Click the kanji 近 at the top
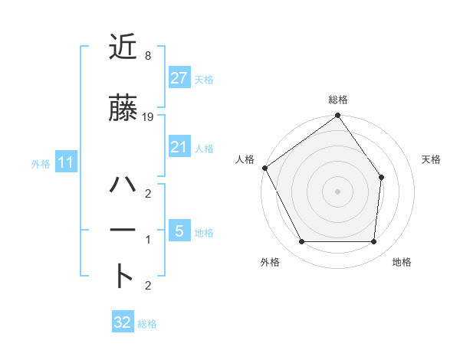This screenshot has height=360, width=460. point(123,47)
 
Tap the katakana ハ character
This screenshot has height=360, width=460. point(123,185)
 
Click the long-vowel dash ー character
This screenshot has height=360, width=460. point(123,230)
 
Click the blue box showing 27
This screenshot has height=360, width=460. point(179,77)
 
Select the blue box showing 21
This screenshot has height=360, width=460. point(179,148)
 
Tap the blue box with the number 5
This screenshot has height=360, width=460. point(179,230)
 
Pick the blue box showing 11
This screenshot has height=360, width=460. point(65,162)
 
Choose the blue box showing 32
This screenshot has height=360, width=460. point(123,322)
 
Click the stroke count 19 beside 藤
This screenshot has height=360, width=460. point(148,117)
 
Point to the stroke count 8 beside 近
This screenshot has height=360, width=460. point(147,56)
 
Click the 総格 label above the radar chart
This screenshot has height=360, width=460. point(338,100)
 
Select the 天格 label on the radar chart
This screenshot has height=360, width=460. point(432,159)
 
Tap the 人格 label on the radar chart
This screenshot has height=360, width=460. point(245,159)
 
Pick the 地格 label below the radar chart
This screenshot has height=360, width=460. point(402,262)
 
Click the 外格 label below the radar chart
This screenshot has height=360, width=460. point(271,262)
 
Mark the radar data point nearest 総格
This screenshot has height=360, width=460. point(337,116)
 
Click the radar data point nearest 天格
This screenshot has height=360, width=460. point(382,177)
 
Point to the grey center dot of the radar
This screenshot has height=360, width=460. point(337,191)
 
